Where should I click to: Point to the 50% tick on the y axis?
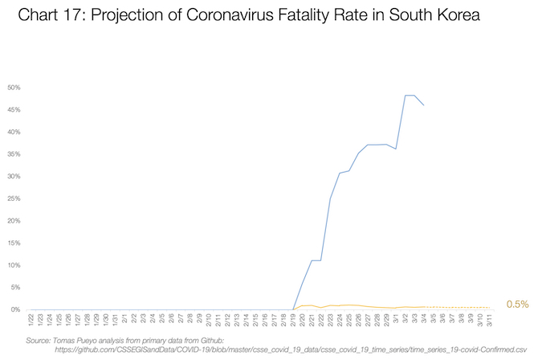[x=14, y=87]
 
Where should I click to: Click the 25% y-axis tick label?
[x=14, y=198]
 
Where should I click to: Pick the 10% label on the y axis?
[x=14, y=265]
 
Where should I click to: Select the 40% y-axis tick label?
[x=14, y=132]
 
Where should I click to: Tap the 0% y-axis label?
[x=16, y=309]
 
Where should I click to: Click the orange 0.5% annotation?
[x=517, y=305]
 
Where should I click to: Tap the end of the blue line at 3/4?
[x=424, y=105]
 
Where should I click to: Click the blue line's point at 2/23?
[x=330, y=198]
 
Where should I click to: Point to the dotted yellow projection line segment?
[x=458, y=307]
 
